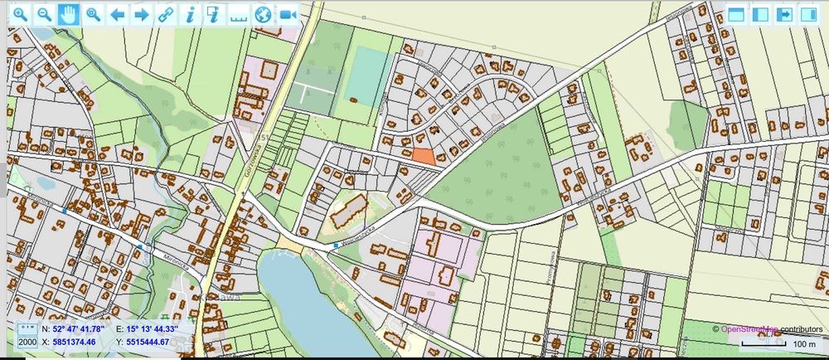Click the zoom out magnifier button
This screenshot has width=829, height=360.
[45, 14]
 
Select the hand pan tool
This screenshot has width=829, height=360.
[68, 14]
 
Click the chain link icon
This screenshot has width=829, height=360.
[166, 14]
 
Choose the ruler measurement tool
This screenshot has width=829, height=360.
[239, 14]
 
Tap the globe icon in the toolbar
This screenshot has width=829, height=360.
[263, 14]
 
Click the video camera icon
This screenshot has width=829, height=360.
[288, 14]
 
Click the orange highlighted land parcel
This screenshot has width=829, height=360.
[423, 153]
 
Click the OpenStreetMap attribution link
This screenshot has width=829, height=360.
[749, 329]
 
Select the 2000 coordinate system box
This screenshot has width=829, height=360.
[27, 341]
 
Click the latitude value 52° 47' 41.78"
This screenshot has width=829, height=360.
[75, 328]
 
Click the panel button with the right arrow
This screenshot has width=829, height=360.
[783, 14]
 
